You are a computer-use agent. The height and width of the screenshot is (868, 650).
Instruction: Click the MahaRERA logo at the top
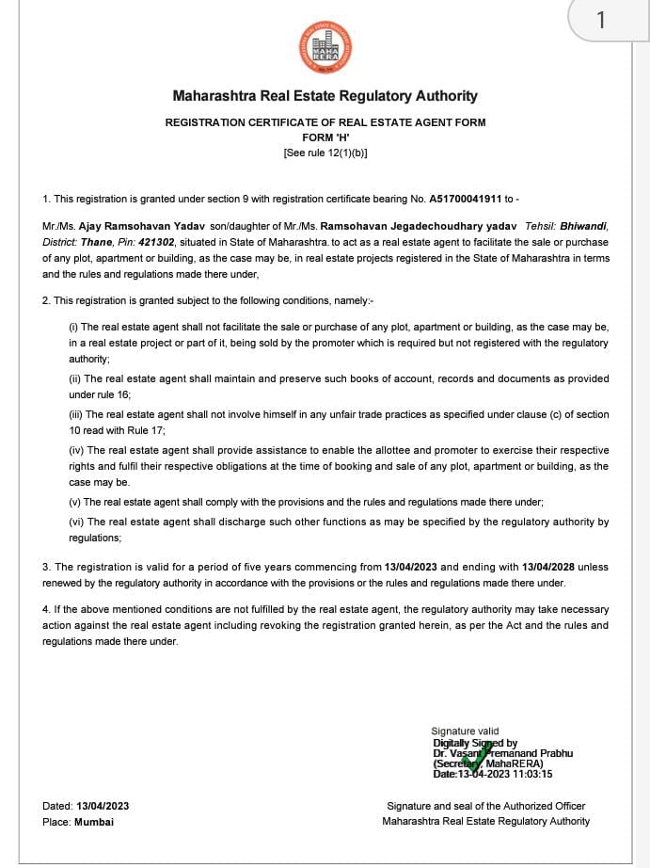[x=325, y=46]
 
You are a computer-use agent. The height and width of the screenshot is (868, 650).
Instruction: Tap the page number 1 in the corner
[x=601, y=20]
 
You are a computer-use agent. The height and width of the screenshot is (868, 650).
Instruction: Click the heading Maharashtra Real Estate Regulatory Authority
[x=325, y=96]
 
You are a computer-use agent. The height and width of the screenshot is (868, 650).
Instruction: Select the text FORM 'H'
[x=325, y=137]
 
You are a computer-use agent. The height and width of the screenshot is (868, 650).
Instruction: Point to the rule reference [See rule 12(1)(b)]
[x=325, y=152]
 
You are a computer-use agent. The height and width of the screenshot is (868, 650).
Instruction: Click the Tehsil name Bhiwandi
[x=583, y=226]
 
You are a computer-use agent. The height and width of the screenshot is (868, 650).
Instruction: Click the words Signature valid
[x=465, y=731]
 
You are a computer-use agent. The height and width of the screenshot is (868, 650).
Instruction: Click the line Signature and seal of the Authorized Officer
[x=485, y=806]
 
